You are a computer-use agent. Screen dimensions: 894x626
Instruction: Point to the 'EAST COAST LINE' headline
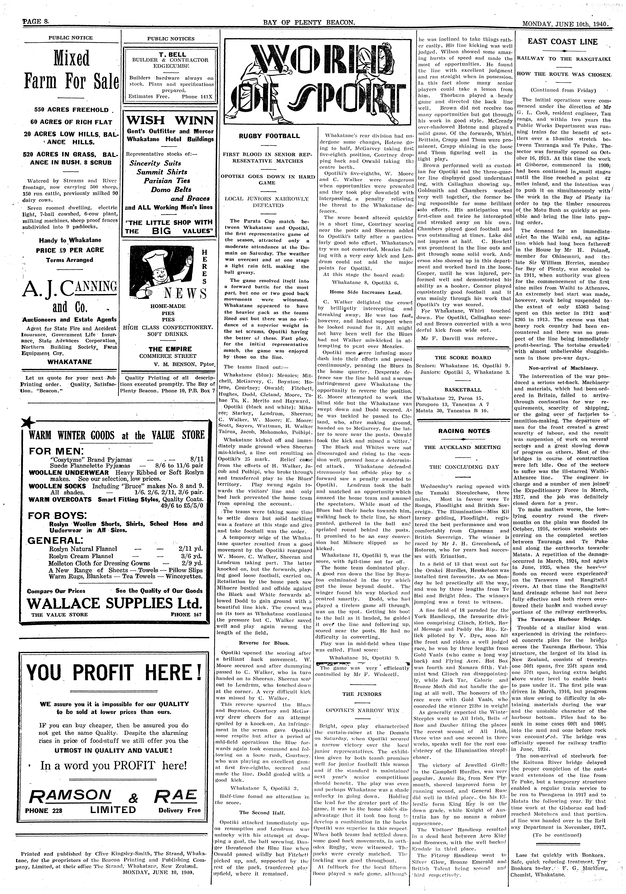pyautogui.click(x=563, y=42)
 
